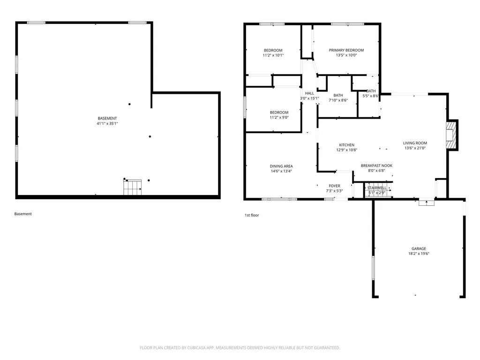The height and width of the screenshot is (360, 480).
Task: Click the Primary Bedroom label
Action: pos(346,50)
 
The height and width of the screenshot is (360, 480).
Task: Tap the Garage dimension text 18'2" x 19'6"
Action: pos(419,254)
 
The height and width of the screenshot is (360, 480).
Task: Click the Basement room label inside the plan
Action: pos(107,119)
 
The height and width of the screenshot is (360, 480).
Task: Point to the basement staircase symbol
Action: pos(133,187)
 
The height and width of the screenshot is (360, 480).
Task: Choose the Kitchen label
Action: pos(346,145)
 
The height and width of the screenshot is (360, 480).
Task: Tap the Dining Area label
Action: pos(281,166)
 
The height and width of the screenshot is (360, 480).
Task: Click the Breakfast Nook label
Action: pos(376,165)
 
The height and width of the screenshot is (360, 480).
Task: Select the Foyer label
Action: pos(334,186)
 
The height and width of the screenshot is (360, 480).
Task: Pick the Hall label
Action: pos(309,93)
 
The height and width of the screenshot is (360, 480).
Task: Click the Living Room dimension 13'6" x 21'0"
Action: pos(415,148)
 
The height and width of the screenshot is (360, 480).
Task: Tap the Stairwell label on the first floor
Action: pos(377,188)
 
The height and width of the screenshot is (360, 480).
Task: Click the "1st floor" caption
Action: pos(252,215)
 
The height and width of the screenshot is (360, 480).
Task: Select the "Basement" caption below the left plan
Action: pos(23,214)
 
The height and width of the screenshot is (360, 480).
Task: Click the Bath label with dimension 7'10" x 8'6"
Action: pos(338,95)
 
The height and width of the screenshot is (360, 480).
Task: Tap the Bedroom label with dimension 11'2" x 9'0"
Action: pos(279,112)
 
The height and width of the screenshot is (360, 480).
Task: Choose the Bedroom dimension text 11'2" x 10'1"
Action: pos(273,55)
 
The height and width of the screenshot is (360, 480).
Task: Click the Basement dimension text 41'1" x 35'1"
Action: pos(107,124)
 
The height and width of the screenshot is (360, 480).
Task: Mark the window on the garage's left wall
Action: pos(373,268)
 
